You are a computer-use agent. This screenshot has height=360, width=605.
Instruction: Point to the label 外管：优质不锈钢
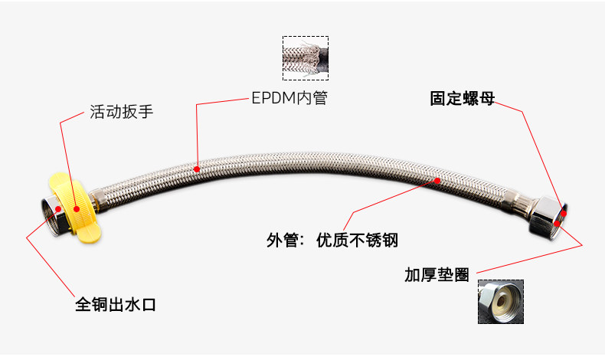click(332, 240)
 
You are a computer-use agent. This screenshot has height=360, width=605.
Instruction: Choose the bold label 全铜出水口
click(116, 305)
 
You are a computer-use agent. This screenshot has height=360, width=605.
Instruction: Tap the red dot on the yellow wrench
click(77, 205)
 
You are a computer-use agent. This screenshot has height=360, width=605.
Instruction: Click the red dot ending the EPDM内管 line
click(197, 168)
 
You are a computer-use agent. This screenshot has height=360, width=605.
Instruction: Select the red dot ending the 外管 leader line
click(438, 181)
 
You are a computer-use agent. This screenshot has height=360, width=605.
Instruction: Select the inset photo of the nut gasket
click(499, 301)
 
